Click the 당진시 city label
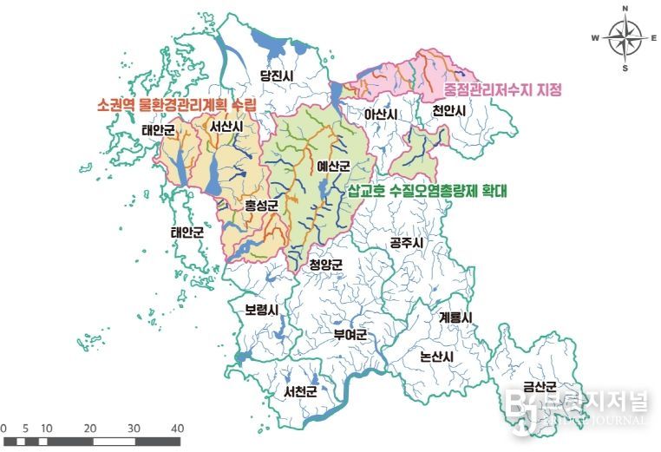point(279,75)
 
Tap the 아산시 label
point(381,115)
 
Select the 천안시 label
point(449,112)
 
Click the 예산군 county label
point(332,165)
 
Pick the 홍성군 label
point(260,206)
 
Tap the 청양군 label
point(326,265)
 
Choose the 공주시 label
point(407,243)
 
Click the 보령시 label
point(261,310)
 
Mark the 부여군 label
point(351,334)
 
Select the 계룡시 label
point(455,318)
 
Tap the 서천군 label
point(300,391)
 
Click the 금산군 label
point(539,387)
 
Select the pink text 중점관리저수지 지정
point(503,89)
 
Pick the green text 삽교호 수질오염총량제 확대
point(429,188)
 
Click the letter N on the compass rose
point(625,9)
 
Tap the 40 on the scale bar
point(177,429)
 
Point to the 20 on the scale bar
point(90,429)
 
